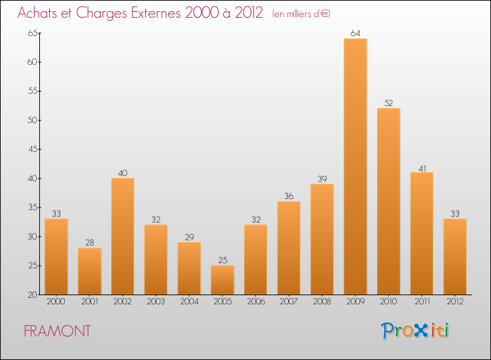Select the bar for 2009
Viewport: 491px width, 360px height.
point(355,167)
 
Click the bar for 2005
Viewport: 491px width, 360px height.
point(223,280)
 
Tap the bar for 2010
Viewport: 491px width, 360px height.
point(388,202)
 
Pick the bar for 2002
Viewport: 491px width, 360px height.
point(122,236)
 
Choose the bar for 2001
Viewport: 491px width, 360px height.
point(89,272)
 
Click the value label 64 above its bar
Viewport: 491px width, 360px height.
point(355,33)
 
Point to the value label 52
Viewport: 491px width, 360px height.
point(388,103)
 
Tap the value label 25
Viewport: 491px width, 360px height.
point(223,260)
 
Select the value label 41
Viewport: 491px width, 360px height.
point(422,167)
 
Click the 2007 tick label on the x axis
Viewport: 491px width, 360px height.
point(289,302)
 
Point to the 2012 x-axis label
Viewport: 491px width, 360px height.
point(455,302)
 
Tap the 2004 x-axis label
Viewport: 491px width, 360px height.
point(189,302)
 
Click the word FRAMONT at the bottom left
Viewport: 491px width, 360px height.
point(57,331)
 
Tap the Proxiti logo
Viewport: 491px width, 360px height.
point(414,331)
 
